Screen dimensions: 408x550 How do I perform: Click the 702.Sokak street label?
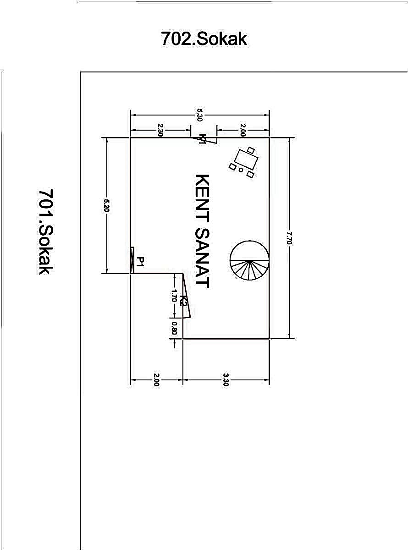pyautogui.click(x=204, y=38)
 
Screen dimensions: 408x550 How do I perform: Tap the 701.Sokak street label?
pyautogui.click(x=46, y=232)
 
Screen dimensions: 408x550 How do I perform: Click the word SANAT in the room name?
pyautogui.click(x=202, y=258)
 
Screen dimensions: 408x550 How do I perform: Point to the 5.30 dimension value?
pyautogui.click(x=200, y=115)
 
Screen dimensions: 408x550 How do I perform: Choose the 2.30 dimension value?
pyautogui.click(x=160, y=130)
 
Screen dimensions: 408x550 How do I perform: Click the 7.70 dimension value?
pyautogui.click(x=289, y=238)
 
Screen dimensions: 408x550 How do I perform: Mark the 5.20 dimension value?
pyautogui.click(x=106, y=206)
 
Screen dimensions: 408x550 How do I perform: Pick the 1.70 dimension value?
pyautogui.click(x=174, y=296)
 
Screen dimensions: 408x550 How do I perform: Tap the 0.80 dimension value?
pyautogui.click(x=174, y=328)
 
